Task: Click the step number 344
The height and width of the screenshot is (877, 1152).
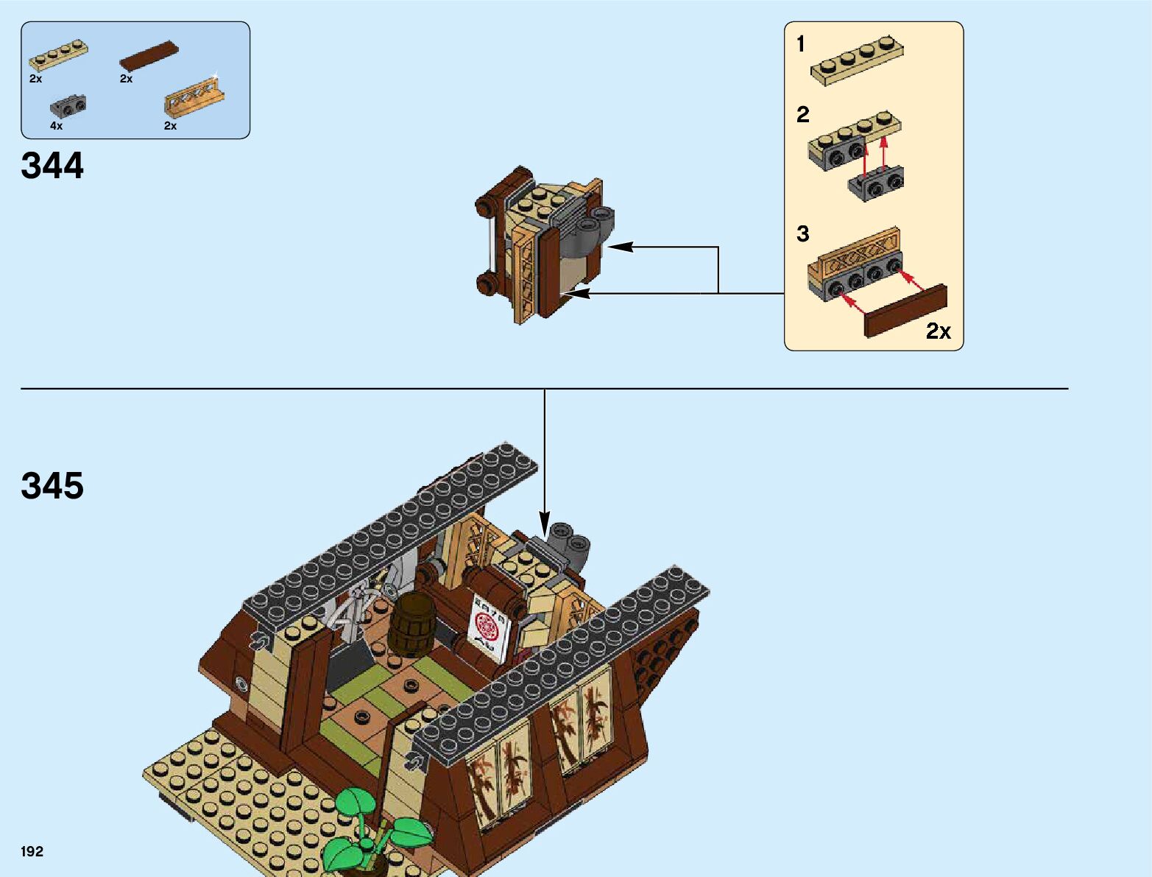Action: pyautogui.click(x=52, y=166)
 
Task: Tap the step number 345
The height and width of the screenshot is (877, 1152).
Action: pyautogui.click(x=52, y=486)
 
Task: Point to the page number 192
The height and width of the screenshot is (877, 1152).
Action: pyautogui.click(x=32, y=851)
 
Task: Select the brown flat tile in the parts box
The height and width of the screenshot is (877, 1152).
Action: pyautogui.click(x=150, y=54)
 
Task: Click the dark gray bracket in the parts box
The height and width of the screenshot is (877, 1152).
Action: pyautogui.click(x=68, y=107)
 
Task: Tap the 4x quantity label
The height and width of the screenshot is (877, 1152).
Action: pyautogui.click(x=57, y=126)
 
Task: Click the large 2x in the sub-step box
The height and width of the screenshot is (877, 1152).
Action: pyautogui.click(x=938, y=331)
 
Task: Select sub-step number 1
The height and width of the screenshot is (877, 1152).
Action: pyautogui.click(x=801, y=45)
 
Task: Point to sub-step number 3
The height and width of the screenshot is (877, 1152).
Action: pyautogui.click(x=802, y=234)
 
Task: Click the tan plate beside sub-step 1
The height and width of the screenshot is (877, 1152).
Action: pyautogui.click(x=857, y=60)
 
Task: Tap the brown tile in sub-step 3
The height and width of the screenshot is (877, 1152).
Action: pyautogui.click(x=905, y=311)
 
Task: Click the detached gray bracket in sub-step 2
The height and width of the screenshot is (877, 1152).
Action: pyautogui.click(x=876, y=183)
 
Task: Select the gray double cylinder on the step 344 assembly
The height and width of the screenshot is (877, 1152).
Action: pyautogui.click(x=593, y=225)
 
